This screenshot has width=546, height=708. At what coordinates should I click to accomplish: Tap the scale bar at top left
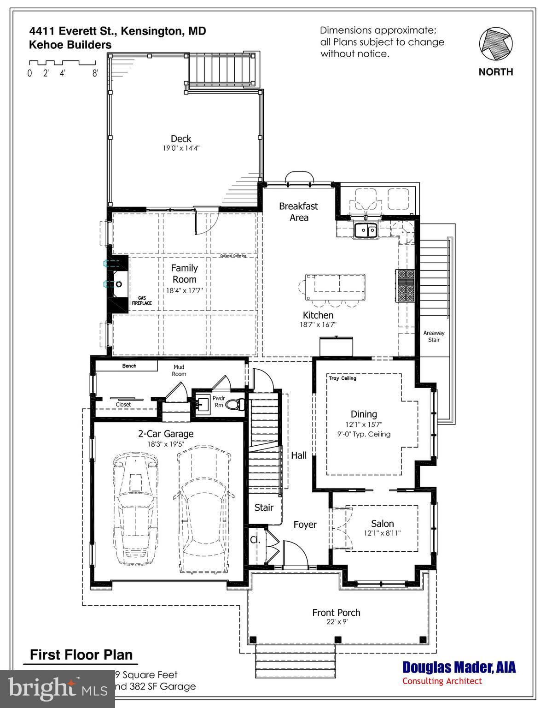point(62,63)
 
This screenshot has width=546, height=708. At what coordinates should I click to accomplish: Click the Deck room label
point(181,139)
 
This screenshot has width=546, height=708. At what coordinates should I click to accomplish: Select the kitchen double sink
point(366,230)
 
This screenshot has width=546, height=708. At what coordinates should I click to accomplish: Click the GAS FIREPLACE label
point(142,301)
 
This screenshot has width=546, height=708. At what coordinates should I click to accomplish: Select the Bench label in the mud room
point(129,366)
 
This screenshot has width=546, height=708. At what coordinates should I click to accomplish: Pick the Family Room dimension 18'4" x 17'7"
point(184,290)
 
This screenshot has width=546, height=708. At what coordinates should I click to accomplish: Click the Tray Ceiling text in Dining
point(343,378)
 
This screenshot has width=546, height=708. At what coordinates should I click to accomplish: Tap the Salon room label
point(382,524)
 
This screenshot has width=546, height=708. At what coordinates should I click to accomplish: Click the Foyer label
point(305,525)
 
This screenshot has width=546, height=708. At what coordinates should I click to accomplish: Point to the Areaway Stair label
point(434,336)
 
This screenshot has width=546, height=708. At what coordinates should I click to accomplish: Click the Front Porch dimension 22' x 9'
point(336,621)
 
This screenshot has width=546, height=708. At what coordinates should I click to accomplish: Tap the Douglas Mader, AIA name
point(459,667)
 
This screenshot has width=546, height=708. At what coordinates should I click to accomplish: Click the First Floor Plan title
point(81,655)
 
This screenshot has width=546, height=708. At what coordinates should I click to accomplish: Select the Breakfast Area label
point(298,212)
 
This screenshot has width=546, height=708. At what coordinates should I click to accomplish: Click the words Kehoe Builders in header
point(70,45)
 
